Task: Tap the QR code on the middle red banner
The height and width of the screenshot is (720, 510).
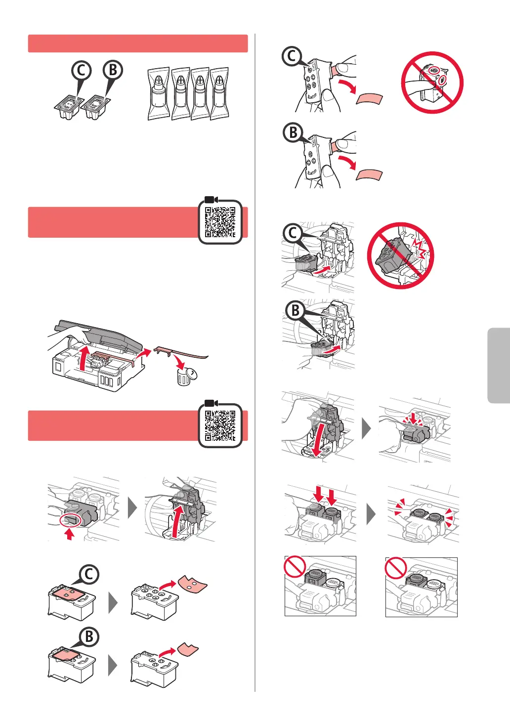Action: pos(220,222)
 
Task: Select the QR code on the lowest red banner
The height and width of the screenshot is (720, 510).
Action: pos(220,425)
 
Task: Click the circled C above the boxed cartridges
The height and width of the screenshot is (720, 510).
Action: pos(81,70)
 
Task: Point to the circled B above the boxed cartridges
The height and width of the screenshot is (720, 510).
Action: pos(113,70)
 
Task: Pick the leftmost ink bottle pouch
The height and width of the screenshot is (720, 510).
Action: pos(159,93)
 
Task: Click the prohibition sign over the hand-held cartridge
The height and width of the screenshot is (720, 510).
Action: pos(432,83)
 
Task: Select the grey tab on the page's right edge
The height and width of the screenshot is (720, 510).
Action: pos(499,365)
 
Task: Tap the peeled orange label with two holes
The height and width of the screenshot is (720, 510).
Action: pos(193,584)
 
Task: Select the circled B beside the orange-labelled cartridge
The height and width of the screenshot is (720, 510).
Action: pos(89,636)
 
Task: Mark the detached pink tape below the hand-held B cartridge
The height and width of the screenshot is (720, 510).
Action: pos(369,175)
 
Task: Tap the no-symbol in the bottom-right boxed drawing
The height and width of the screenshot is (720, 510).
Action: pos(396,568)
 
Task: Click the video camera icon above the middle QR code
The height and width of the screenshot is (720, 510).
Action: pos(211,200)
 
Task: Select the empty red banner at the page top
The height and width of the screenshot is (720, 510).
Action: pos(138,43)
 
